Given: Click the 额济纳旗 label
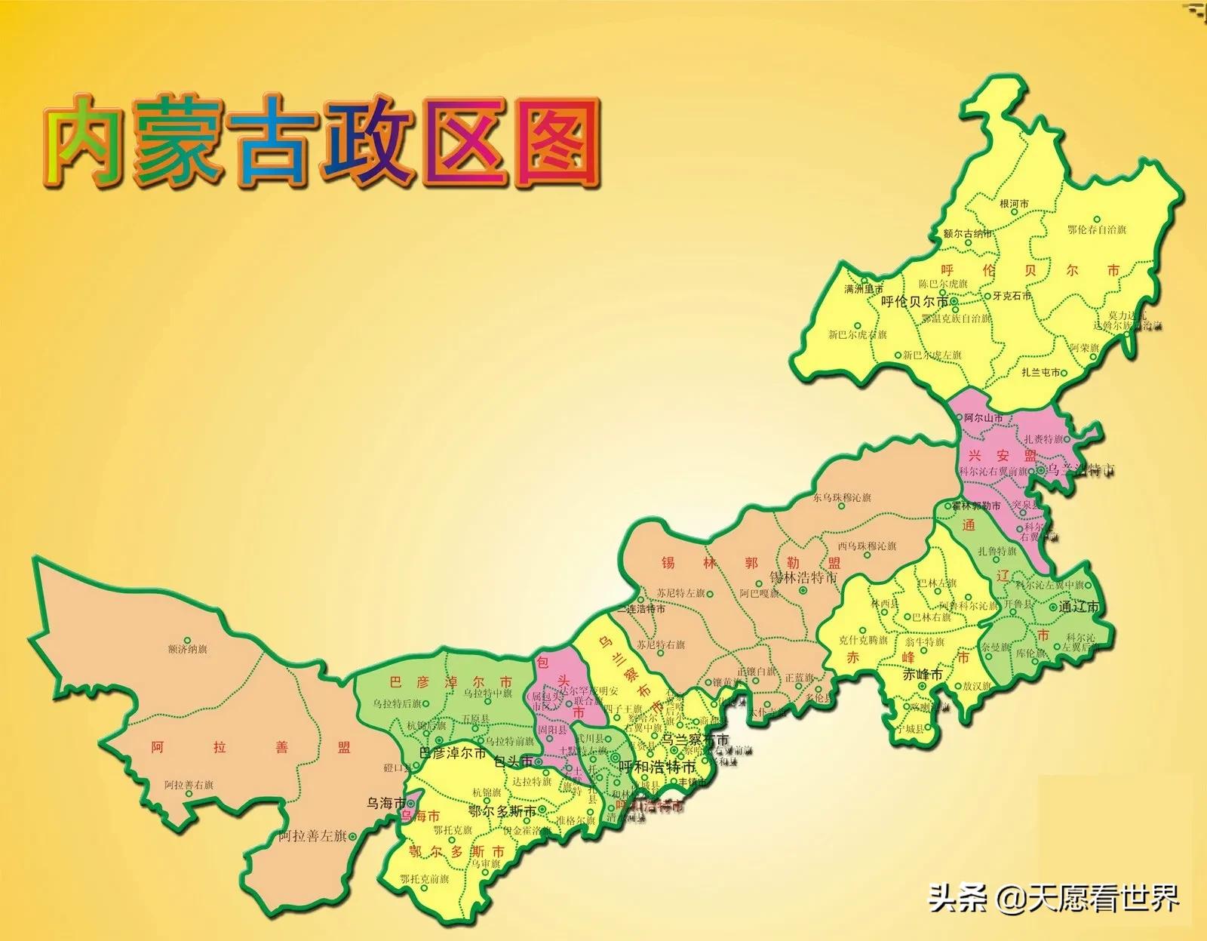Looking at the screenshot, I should [188, 649].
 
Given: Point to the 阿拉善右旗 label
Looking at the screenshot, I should [189, 785].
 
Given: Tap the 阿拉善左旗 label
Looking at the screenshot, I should [312, 836].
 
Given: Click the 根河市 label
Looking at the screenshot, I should [1014, 204].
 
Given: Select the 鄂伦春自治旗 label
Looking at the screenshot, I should [1096, 229].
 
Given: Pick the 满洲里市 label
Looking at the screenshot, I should [864, 289].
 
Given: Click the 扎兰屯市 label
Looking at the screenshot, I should [1041, 372].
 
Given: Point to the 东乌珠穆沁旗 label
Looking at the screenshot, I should [842, 498].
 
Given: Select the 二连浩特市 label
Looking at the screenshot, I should [640, 608].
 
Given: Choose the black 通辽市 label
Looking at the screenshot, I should [1079, 607].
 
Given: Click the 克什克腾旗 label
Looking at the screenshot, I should [863, 640].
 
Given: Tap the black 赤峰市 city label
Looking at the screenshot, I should [923, 675].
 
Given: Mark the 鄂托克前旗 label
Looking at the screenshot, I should [424, 880].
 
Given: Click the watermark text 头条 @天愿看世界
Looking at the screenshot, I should [1053, 898].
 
